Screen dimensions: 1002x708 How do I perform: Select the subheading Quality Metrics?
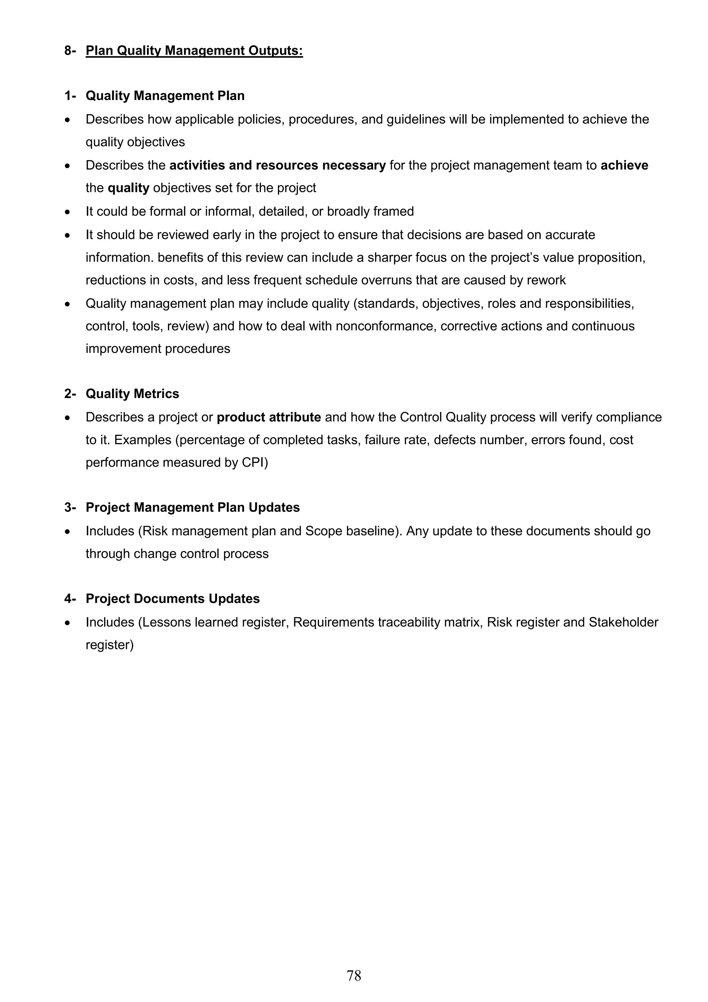point(132,394)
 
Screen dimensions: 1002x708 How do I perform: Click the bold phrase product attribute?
point(269,417)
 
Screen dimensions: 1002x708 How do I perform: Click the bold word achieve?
point(624,165)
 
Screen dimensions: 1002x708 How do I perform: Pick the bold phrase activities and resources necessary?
point(278,165)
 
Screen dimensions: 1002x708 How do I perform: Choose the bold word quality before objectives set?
point(128,188)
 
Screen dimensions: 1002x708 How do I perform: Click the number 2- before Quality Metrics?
point(70,394)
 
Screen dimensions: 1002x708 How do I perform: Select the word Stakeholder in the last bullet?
point(623,622)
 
